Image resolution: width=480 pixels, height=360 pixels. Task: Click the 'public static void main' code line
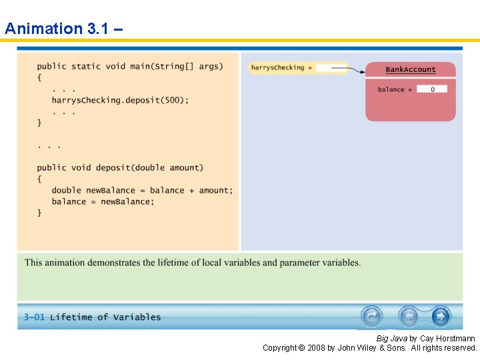tap(130, 67)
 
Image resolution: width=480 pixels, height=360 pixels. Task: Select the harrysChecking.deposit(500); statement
tap(120, 101)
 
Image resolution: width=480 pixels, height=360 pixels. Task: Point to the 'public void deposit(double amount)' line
tap(120, 168)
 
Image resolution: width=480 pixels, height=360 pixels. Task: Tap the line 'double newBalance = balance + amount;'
tap(142, 191)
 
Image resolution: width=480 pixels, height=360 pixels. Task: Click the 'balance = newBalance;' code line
tap(103, 202)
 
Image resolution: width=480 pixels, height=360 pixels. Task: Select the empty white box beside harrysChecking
tap(331, 68)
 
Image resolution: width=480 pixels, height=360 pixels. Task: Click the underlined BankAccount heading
tap(411, 70)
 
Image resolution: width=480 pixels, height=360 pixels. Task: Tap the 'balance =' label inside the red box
tap(395, 89)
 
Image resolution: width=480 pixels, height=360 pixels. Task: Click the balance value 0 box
tap(432, 89)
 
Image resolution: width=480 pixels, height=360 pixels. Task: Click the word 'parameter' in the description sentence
tap(301, 263)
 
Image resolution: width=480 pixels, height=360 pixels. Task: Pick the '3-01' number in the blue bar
tap(34, 317)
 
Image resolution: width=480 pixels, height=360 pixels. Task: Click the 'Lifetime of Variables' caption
tap(105, 317)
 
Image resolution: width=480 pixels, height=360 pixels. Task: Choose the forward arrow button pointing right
tap(441, 316)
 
